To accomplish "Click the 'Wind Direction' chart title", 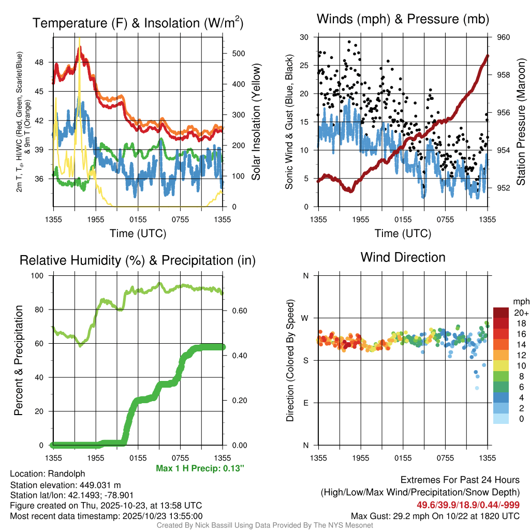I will (403, 257).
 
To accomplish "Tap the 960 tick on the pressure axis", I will (504, 37).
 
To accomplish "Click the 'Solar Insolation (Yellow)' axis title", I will (256, 122).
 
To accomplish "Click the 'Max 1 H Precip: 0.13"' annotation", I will (200, 468).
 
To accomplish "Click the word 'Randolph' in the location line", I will (67, 474).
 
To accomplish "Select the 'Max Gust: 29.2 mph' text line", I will (435, 516).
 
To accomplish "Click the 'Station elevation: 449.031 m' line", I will (65, 485).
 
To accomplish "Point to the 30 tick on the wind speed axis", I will (304, 37).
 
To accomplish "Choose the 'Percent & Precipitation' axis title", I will (19, 360).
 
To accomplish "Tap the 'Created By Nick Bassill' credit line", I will (264, 525).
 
